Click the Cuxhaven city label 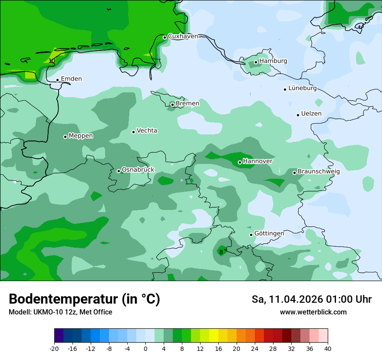tap(182, 36)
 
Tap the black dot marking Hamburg tap(256, 62)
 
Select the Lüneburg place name tap(302, 88)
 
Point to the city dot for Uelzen tap(298, 115)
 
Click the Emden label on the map tap(71, 79)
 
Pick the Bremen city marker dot tap(172, 105)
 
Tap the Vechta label tap(147, 131)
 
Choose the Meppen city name tap(81, 136)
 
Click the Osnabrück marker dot tap(119, 171)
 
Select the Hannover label tap(257, 161)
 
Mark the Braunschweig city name tap(318, 172)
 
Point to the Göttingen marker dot tap(251, 235)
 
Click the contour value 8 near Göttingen tap(221, 252)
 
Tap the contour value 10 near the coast tap(52, 61)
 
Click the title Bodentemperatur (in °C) tap(84, 299)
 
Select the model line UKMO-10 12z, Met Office tap(60, 312)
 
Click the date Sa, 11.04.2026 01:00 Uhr tap(311, 299)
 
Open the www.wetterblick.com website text tap(313, 312)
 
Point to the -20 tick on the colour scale tap(54, 349)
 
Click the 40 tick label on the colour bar tap(327, 349)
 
